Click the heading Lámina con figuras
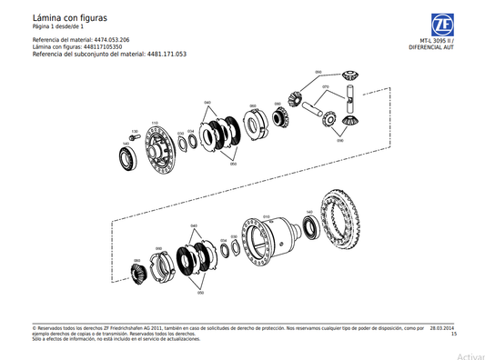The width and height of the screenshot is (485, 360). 69,17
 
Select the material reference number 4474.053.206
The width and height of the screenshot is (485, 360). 112,41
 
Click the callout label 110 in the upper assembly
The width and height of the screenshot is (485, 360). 154,123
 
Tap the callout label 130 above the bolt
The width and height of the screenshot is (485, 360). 134,131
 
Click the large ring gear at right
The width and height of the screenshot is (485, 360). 350,223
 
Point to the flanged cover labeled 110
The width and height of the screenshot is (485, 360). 160,149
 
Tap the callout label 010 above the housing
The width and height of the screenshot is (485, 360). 266,216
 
